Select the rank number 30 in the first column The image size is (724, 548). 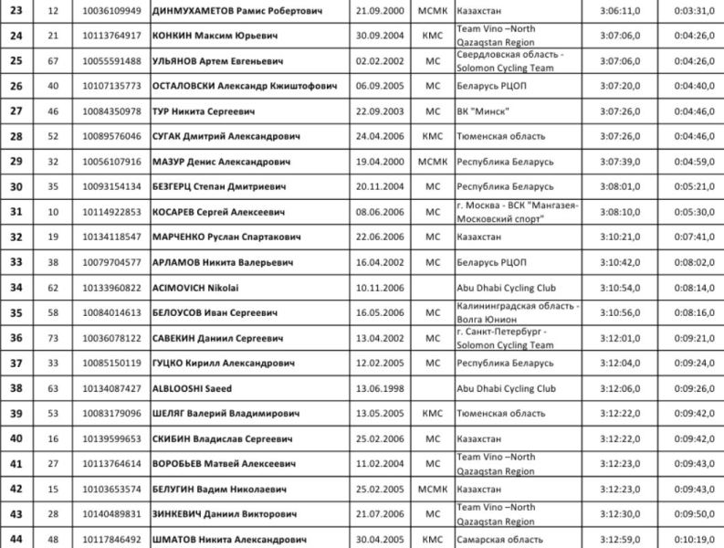point(16,187)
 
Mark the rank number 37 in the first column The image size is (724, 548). point(16,364)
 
